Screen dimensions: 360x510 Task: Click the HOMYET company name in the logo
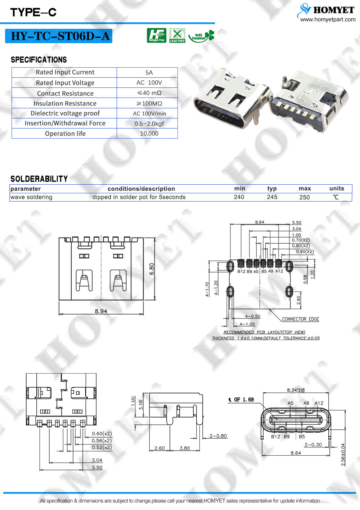point(334,10)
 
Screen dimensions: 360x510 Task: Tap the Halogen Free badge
point(157,35)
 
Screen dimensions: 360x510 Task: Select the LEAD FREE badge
point(177,35)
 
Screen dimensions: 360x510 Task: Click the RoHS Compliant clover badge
point(201,36)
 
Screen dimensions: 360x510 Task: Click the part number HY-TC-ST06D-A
point(60,36)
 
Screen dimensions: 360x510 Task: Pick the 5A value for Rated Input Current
point(149,73)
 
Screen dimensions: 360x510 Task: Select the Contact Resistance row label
point(66,93)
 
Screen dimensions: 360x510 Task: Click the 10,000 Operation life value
point(149,134)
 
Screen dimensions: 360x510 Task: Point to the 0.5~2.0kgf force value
point(149,123)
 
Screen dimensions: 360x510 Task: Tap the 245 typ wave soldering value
point(272,197)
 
